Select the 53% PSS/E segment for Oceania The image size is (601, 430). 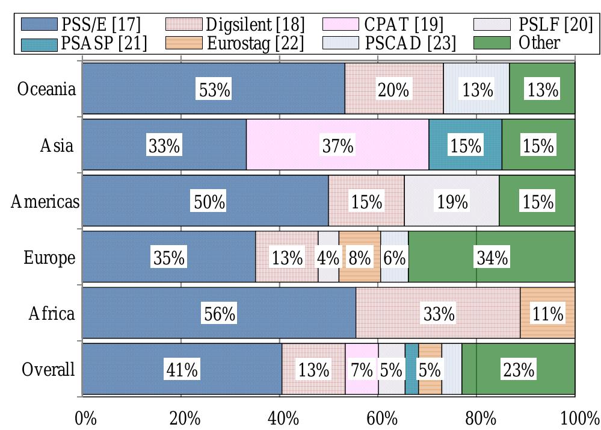[x=214, y=90]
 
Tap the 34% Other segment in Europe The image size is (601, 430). [x=492, y=258]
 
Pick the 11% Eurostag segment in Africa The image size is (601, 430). [x=547, y=314]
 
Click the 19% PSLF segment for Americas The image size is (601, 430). [x=451, y=202]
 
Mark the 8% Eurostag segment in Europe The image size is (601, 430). [x=359, y=258]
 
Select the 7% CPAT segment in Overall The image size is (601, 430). [x=362, y=370]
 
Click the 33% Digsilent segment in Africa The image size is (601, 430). [x=438, y=314]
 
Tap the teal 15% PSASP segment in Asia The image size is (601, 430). [x=465, y=146]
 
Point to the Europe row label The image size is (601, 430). [x=49, y=258]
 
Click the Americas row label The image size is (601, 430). [x=45, y=202]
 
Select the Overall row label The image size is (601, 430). [x=48, y=370]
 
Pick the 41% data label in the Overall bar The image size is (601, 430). [x=182, y=370]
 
